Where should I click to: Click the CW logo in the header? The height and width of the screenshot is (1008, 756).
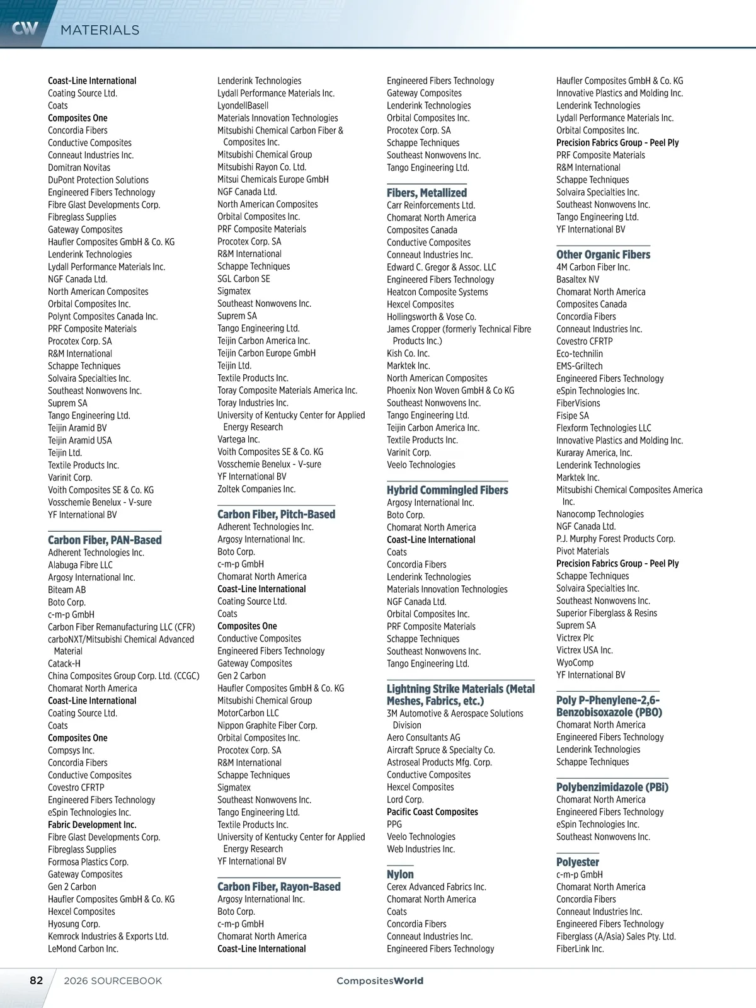(25, 28)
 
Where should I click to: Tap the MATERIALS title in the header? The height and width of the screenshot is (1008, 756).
(100, 30)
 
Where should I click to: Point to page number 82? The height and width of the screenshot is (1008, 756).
(37, 980)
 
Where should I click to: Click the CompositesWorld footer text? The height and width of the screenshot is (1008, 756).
(380, 980)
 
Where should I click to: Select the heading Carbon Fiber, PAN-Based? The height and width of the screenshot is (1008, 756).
(105, 540)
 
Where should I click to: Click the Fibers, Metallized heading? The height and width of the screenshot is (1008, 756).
(427, 193)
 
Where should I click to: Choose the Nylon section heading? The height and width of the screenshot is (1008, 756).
(400, 874)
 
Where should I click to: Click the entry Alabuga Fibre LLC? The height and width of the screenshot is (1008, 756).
(80, 565)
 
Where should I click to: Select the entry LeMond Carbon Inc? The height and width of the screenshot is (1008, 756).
(83, 949)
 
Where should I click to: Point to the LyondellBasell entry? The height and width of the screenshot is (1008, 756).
(243, 106)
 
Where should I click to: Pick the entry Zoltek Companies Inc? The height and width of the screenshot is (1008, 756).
(256, 489)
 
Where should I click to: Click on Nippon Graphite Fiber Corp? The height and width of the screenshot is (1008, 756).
(267, 725)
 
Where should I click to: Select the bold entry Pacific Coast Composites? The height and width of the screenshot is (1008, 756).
(432, 812)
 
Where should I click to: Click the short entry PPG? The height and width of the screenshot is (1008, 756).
(394, 824)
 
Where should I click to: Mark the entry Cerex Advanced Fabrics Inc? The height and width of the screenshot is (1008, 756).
(436, 887)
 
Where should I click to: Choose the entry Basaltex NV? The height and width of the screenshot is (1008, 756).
(578, 279)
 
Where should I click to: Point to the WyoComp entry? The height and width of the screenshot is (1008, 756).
(575, 663)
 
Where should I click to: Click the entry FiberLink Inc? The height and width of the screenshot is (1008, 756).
(580, 949)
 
